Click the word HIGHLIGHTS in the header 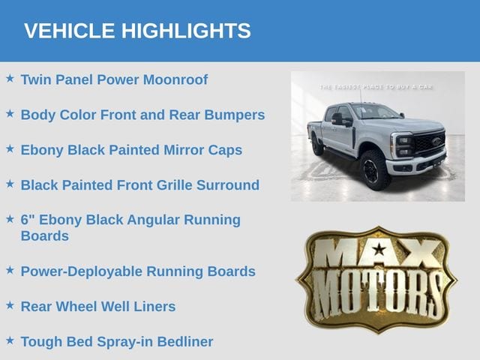click(x=186, y=31)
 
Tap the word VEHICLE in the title click(x=70, y=31)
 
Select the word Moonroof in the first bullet click(x=175, y=79)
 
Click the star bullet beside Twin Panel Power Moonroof click(x=10, y=78)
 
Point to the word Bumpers click(x=235, y=115)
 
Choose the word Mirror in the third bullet click(x=184, y=150)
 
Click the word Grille click(x=175, y=185)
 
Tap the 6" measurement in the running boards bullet click(x=28, y=220)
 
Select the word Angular click(x=153, y=220)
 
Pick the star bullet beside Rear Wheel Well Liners click(x=10, y=305)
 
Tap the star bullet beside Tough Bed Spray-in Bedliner click(x=10, y=340)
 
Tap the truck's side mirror click(x=339, y=119)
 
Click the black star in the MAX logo click(x=379, y=249)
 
